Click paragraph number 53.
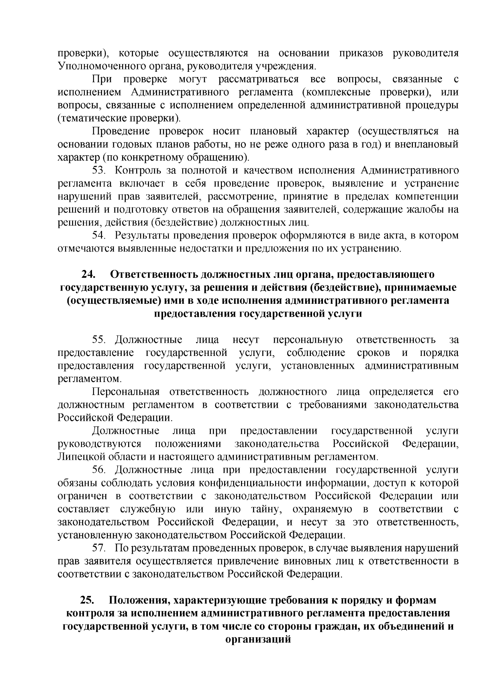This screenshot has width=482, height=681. (99, 171)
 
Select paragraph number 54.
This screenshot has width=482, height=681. (99, 236)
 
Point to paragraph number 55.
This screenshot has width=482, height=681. (99, 340)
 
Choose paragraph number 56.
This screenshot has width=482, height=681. (99, 470)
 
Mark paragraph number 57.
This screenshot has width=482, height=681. (99, 548)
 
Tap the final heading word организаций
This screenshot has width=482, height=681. (258, 640)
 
